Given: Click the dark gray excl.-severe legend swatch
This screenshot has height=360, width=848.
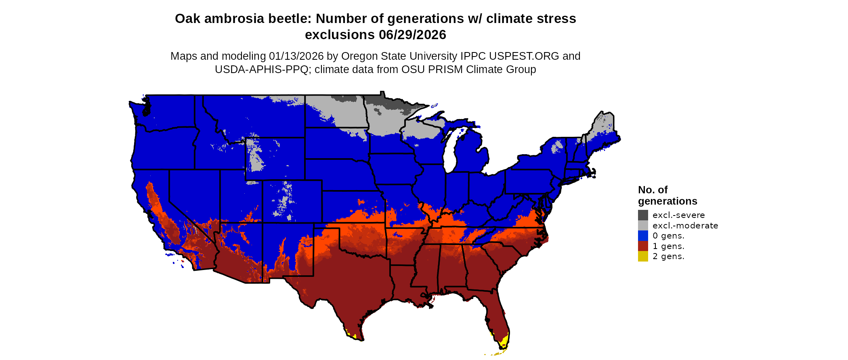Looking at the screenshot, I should tap(643, 215).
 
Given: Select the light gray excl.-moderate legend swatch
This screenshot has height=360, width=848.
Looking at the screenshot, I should tap(643, 226).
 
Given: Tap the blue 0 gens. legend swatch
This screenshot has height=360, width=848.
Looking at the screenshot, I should tap(643, 236).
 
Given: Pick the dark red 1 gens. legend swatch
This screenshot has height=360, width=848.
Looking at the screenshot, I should tap(643, 246).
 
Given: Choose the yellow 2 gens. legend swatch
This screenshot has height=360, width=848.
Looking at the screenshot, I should tap(643, 256).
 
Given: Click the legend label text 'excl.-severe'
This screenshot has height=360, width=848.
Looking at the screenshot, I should tap(678, 215).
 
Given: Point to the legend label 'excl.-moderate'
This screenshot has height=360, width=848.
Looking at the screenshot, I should tap(685, 226).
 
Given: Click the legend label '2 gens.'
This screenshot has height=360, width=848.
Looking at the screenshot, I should tap(668, 256).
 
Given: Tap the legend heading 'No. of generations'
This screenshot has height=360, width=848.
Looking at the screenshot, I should tap(667, 195).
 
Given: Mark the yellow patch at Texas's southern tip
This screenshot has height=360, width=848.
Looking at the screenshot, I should tap(349, 333).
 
